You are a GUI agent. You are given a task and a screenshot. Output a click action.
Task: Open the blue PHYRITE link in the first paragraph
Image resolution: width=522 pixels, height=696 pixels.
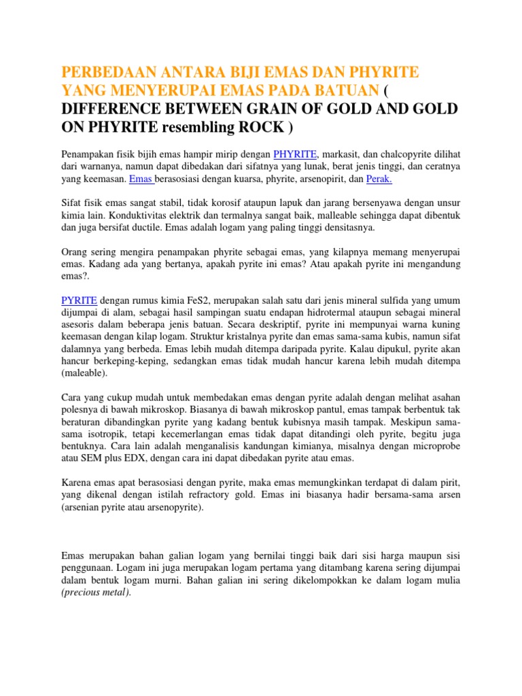point(295,154)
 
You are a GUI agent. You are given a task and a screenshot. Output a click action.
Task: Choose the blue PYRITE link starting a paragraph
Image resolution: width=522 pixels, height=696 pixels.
point(80,300)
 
